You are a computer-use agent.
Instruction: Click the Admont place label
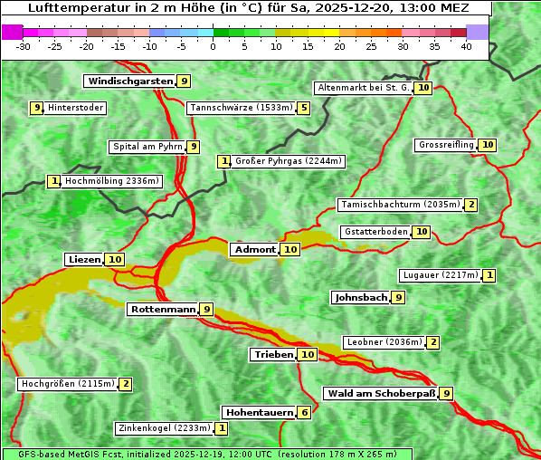(x=254, y=249)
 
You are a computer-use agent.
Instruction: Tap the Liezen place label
(x=84, y=260)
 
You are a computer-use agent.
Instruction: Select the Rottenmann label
(x=163, y=309)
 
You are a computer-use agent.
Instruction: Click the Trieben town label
(x=273, y=354)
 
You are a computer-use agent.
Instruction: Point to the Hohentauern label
(x=259, y=412)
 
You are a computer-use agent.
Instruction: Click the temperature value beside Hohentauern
(x=305, y=412)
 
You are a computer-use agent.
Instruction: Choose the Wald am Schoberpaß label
(x=381, y=393)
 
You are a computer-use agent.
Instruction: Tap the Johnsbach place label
(x=361, y=297)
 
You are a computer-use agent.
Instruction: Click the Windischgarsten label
(x=129, y=81)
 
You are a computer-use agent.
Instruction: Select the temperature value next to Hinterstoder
(x=37, y=108)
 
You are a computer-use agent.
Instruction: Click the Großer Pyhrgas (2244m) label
(x=288, y=161)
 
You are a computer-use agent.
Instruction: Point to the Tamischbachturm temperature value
(x=471, y=205)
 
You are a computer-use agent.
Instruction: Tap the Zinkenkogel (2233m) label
(x=164, y=427)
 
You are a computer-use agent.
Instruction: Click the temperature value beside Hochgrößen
(x=126, y=384)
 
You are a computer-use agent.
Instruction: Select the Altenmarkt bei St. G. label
(x=363, y=88)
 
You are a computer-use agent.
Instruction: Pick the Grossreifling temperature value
(x=488, y=145)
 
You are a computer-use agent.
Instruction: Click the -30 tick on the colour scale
(x=24, y=45)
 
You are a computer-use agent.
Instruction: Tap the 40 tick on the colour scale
(x=466, y=45)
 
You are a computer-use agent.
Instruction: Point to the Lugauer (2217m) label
(x=440, y=274)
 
